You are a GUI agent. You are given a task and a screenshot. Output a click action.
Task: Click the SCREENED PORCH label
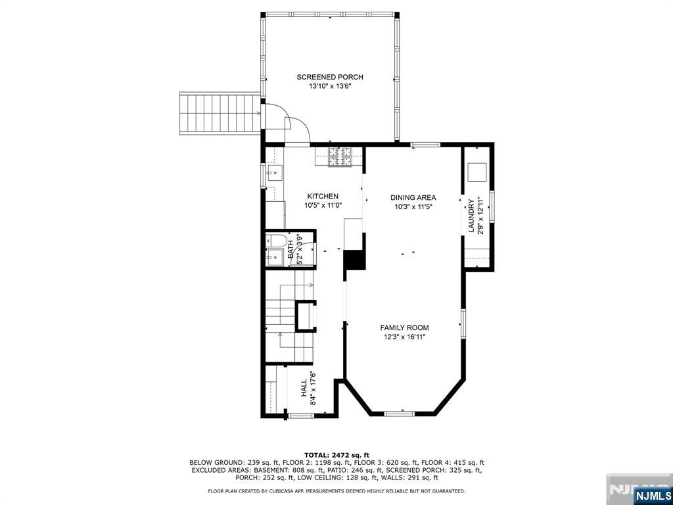click(x=330, y=77)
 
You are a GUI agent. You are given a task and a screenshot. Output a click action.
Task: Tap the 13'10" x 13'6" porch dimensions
click(x=330, y=86)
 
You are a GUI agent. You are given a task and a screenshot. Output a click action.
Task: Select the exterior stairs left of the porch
click(x=220, y=114)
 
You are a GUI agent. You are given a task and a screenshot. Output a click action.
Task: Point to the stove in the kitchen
click(x=340, y=156)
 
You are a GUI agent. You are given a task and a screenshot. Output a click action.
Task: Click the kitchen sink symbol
click(x=273, y=173)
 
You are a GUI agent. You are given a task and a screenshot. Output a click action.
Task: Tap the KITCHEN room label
click(x=323, y=196)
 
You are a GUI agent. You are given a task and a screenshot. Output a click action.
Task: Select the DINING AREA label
click(x=413, y=197)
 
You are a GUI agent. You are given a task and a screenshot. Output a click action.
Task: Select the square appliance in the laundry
click(x=476, y=172)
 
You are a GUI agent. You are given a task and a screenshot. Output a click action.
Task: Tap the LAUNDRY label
click(x=471, y=216)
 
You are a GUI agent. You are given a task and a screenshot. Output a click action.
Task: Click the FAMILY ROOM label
click(x=404, y=327)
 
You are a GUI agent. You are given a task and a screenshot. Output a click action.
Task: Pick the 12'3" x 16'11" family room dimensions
click(x=404, y=337)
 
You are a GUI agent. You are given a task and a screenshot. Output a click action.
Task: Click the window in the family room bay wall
click(x=399, y=413)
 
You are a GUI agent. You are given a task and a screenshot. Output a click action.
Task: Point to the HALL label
click(x=304, y=388)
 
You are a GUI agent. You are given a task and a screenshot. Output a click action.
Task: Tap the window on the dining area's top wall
click(x=425, y=143)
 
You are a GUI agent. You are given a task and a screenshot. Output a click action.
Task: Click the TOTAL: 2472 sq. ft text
click(x=336, y=455)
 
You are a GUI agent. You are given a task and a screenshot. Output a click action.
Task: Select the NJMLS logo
click(x=652, y=495)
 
